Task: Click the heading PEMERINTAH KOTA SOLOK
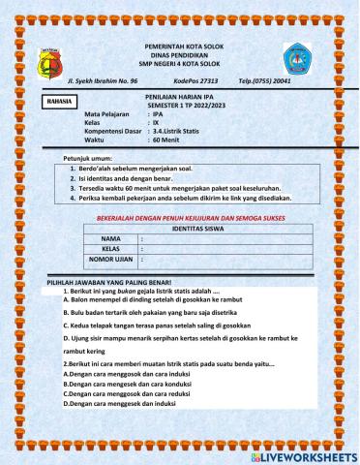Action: (181, 45)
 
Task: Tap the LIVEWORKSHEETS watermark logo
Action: (303, 453)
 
